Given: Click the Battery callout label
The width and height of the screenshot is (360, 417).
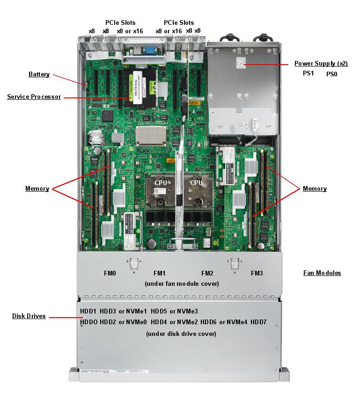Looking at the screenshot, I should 39,74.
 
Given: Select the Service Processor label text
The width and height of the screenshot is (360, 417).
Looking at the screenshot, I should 34,97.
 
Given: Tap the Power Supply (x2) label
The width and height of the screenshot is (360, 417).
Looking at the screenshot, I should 321,63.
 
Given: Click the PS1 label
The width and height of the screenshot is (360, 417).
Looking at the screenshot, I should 308,74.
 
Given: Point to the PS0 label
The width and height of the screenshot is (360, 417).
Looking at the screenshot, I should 331,74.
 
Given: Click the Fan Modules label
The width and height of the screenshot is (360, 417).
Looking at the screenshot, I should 322,273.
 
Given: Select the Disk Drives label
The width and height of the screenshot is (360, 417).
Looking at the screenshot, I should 29,316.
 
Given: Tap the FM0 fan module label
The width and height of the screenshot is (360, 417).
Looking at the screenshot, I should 110,273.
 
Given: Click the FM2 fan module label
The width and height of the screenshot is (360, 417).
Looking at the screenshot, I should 207,273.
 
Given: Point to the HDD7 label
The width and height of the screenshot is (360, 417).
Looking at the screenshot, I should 258,322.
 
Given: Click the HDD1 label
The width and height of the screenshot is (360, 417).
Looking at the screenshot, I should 88,311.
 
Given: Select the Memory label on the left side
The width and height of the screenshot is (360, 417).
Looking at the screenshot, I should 37,189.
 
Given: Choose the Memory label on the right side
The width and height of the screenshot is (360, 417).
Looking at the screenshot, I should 315,189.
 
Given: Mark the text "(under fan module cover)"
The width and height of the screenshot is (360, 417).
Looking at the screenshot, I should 182,283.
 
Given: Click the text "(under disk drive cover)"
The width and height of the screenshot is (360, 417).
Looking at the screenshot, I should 181,334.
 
